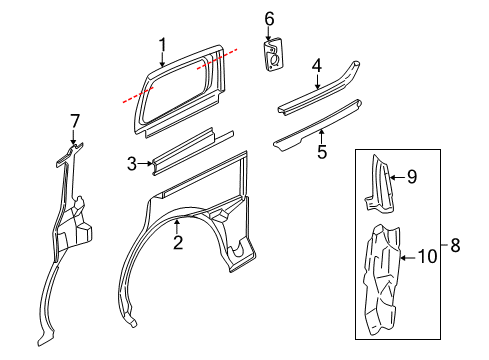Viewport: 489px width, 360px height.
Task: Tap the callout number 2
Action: pos(177,241)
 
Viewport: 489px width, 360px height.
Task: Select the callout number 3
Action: pos(131,162)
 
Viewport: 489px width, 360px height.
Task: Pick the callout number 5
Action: pos(322,151)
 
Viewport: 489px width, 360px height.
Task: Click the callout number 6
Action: pos(269,18)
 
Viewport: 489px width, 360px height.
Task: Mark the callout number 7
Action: pos(74,121)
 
